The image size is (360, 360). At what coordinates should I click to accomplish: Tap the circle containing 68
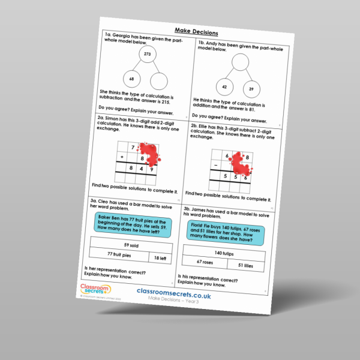[131, 79]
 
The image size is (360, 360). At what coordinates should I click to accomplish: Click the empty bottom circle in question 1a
[158, 81]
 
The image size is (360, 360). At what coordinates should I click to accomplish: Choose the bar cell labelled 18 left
[157, 258]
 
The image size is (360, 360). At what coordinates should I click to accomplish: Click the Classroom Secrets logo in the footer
[95, 290]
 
